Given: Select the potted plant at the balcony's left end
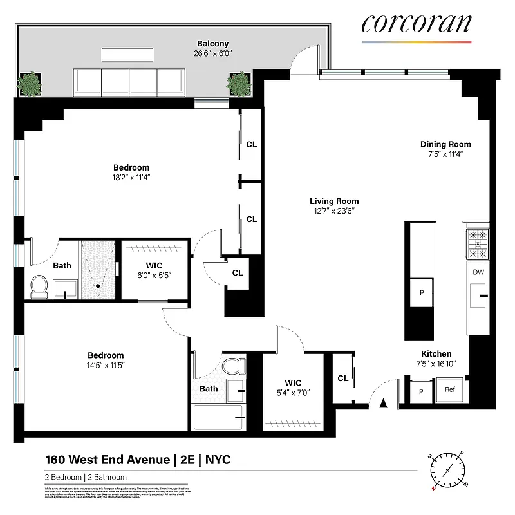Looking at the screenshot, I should pyautogui.click(x=29, y=83).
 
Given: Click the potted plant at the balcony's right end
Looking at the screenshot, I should pyautogui.click(x=238, y=83).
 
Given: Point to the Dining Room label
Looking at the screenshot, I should pyautogui.click(x=445, y=144).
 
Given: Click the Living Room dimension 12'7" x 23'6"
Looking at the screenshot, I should pyautogui.click(x=333, y=211).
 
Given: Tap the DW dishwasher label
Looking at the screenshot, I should pyautogui.click(x=478, y=272).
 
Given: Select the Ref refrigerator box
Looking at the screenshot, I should pyautogui.click(x=450, y=390).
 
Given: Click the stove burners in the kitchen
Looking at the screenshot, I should pyautogui.click(x=478, y=245).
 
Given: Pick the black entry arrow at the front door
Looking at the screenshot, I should pyautogui.click(x=383, y=404).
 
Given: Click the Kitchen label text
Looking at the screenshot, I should pyautogui.click(x=436, y=353).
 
